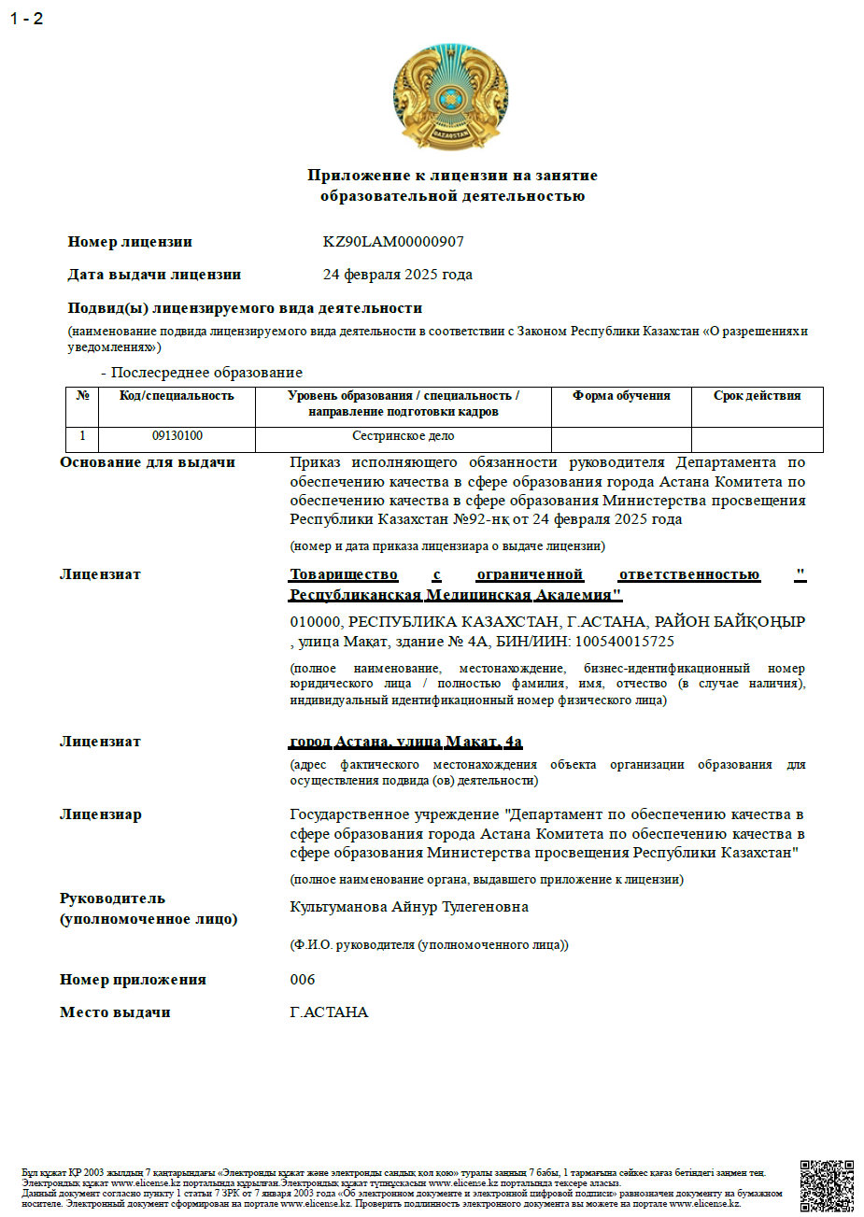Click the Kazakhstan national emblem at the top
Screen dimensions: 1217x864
451,96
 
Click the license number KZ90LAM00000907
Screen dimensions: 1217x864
393,242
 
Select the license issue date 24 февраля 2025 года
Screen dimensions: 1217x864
398,275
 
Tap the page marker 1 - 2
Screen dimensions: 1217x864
27,19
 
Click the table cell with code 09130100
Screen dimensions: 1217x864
177,436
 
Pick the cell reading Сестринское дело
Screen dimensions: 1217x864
403,436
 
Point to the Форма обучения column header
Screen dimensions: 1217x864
621,396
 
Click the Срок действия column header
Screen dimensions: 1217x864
757,396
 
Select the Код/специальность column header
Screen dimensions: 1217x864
177,396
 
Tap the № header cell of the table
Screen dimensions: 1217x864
82,396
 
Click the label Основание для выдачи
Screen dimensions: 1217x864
148,462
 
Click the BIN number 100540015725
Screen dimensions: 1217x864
624,642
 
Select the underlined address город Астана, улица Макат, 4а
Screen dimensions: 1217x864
406,742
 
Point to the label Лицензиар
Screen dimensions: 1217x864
101,814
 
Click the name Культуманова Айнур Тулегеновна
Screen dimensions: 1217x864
409,907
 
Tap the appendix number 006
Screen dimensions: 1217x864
303,980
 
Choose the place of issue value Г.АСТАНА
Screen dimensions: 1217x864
329,1012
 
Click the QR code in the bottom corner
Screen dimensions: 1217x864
827,1186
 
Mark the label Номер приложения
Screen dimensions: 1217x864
133,980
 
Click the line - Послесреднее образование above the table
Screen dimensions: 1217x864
202,373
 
